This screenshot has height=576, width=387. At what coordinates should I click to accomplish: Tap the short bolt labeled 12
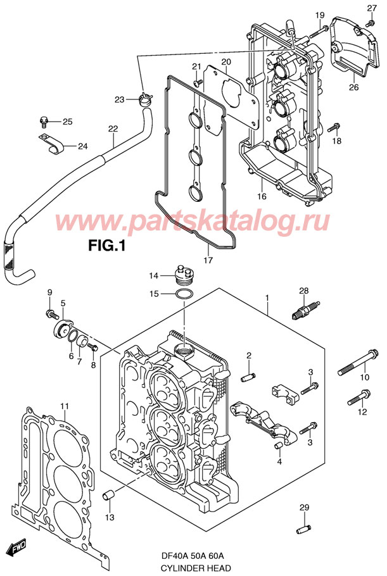pos(357,400)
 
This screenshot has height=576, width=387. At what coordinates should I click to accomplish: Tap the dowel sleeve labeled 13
pos(108,494)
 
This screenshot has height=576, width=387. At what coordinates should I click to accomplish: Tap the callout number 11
pos(64,405)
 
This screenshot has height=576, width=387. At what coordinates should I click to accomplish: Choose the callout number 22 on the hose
pos(113,129)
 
